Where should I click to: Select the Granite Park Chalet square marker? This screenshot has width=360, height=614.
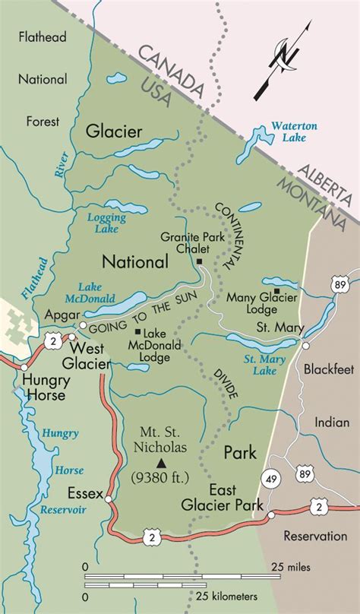tap(200, 261)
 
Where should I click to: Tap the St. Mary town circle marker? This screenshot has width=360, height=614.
tap(305, 345)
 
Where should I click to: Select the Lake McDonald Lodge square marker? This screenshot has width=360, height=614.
tap(137, 331)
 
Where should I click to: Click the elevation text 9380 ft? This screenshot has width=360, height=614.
tap(160, 478)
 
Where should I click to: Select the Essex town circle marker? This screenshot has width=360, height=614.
tap(109, 499)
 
